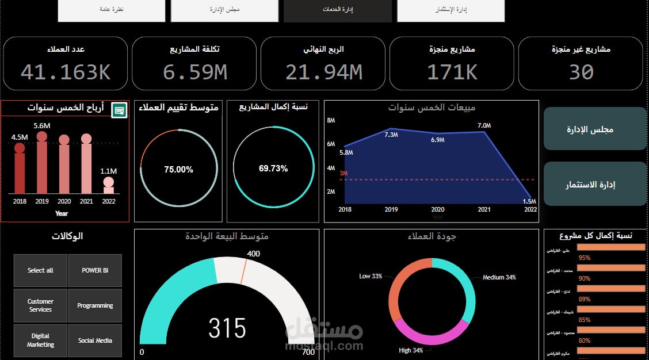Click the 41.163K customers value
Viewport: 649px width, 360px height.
[65, 71]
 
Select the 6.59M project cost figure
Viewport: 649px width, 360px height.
[194, 71]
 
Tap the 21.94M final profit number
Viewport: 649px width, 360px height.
[323, 71]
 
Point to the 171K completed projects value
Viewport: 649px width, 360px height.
[452, 71]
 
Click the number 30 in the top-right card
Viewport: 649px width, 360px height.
[581, 71]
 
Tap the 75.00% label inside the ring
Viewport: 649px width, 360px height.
[178, 170]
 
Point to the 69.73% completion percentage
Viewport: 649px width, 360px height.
[273, 168]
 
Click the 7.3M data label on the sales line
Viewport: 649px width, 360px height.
[391, 135]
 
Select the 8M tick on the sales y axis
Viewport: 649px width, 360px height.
[331, 120]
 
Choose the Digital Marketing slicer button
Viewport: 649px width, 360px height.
[40, 340]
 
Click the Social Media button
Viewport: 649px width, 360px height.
[95, 340]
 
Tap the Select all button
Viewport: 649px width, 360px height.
[40, 270]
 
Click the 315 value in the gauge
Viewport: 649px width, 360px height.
[227, 328]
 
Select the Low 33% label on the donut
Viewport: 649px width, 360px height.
[371, 277]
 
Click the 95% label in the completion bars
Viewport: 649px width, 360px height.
[585, 258]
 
